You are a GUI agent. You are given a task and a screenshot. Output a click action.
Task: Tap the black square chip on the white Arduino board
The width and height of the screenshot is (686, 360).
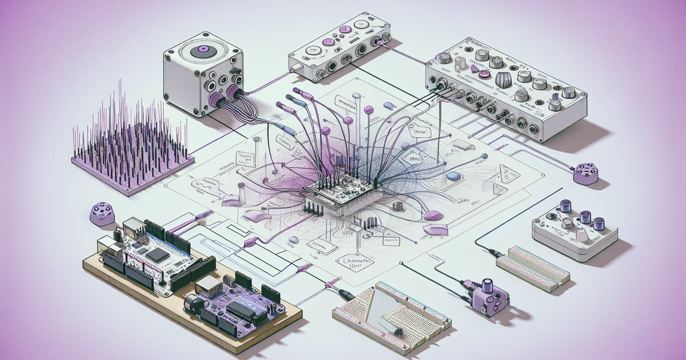pos(157,255)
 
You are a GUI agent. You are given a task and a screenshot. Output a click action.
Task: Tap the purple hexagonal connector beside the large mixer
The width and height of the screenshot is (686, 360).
pos(585,173)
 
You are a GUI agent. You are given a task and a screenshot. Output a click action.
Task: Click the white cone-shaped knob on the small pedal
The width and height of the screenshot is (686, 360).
pos(581,235)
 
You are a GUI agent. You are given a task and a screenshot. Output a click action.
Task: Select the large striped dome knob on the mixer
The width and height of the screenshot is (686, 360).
pos(503,79)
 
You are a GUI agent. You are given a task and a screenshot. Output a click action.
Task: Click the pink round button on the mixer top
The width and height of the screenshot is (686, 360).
pos(484,74)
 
